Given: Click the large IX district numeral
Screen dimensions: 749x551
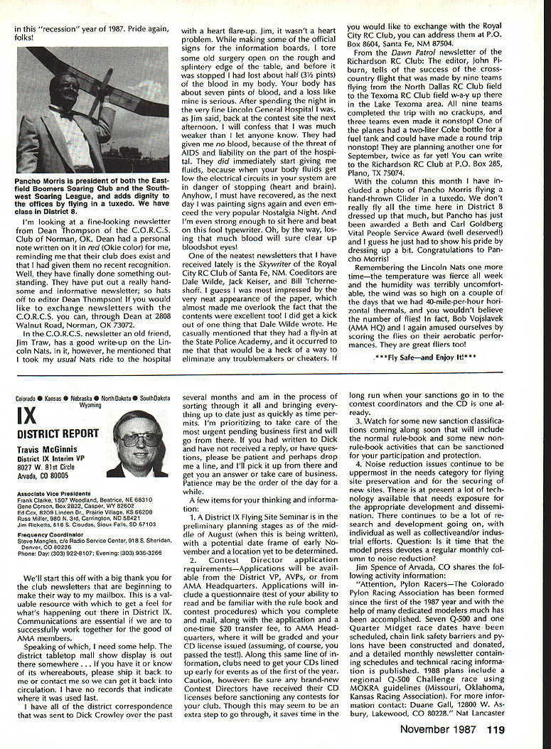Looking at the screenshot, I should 27,416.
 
